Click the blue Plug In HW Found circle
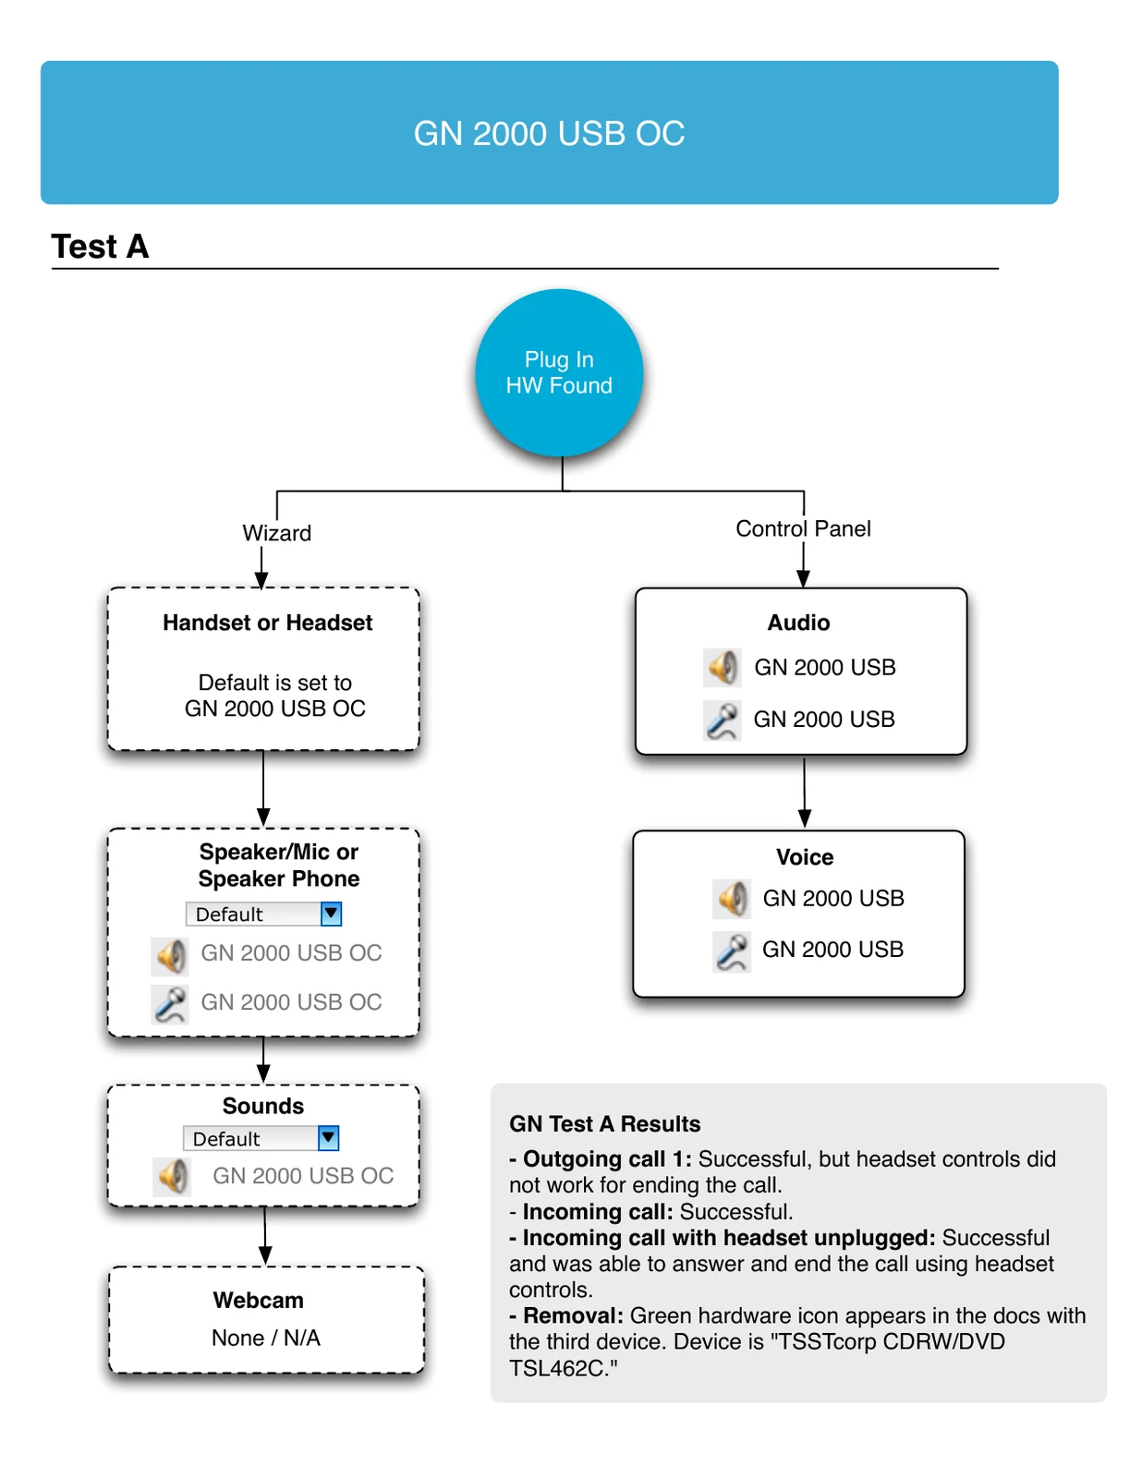(558, 372)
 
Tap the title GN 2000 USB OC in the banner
(549, 133)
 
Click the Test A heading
(100, 247)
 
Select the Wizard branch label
(277, 533)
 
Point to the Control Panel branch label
(803, 528)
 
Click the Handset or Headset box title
(267, 623)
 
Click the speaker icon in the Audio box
(722, 667)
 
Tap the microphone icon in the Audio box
(722, 721)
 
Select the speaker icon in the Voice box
(731, 899)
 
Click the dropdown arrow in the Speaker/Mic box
(331, 914)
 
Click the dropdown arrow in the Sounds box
(328, 1138)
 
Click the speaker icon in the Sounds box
(172, 1177)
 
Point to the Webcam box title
(259, 1300)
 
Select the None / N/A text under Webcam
(266, 1338)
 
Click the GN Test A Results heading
(604, 1123)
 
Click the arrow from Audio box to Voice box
(804, 792)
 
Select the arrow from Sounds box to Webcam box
(265, 1236)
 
